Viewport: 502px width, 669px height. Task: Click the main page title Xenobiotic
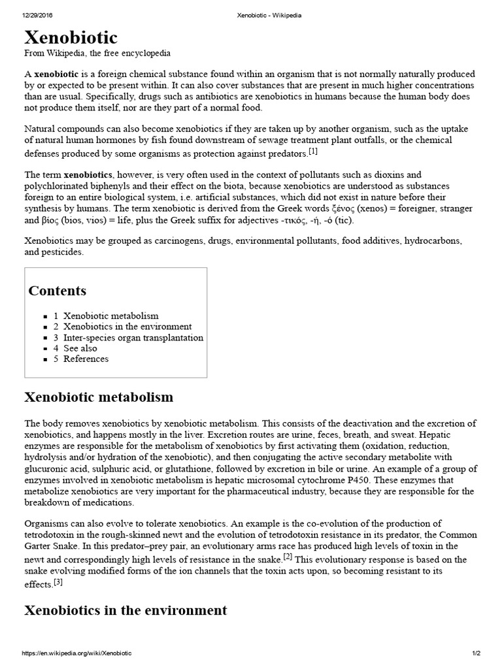[71, 36]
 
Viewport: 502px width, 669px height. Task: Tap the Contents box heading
[57, 291]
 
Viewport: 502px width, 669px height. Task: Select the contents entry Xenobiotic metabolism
[110, 316]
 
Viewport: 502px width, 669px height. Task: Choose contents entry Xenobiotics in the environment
[127, 327]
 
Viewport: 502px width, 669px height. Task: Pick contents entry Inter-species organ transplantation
[133, 338]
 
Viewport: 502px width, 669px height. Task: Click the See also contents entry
[80, 348]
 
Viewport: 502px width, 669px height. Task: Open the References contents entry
[86, 359]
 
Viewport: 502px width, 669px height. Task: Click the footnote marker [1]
[313, 152]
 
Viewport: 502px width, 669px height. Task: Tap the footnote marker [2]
[288, 556]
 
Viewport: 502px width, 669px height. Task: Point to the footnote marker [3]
[58, 581]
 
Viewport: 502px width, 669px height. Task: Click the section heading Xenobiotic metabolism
[99, 397]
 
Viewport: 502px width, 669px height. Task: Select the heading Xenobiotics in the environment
[125, 611]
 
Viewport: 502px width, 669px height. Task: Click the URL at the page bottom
[77, 653]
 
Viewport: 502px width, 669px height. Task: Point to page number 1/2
[476, 653]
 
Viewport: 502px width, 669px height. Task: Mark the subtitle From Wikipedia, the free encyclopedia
[97, 53]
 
